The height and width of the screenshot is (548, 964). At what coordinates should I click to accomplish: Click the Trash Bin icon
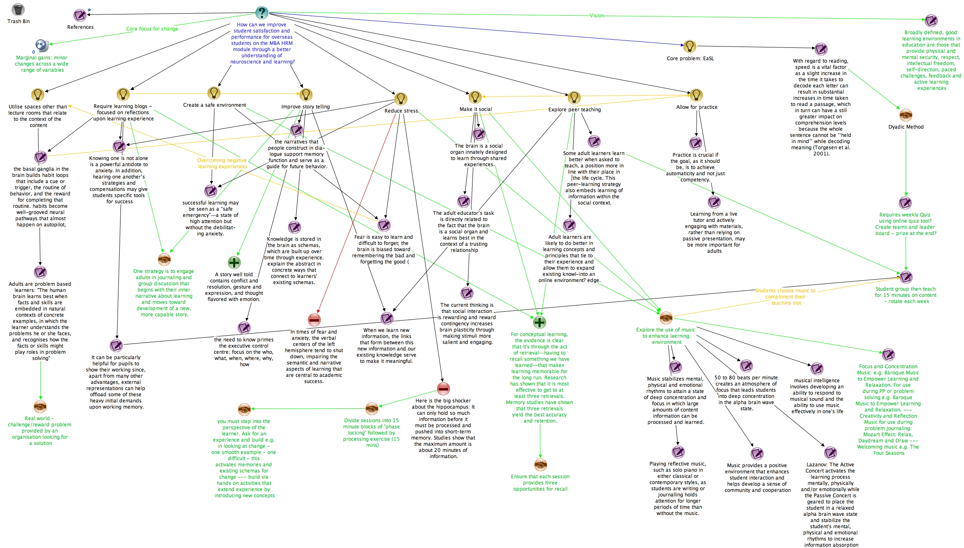19,10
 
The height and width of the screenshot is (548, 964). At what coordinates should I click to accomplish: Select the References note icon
80,16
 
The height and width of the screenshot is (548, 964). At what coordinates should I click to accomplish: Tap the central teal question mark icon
262,13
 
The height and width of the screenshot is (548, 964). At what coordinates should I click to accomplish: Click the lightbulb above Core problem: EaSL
690,47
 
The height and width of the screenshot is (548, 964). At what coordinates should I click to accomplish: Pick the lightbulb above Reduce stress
401,99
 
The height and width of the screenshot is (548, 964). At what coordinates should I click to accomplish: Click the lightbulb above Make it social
475,97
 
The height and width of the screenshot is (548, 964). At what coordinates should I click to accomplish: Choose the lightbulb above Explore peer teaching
574,98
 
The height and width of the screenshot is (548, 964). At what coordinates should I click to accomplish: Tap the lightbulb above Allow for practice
696,95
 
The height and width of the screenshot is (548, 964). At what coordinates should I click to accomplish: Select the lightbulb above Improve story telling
306,95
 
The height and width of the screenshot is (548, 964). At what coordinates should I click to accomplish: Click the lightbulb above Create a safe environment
214,93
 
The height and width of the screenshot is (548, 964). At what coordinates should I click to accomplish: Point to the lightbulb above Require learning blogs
123,94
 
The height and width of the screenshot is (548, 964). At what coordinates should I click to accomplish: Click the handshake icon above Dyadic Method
905,115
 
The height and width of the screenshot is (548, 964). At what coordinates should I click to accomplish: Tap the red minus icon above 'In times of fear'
314,320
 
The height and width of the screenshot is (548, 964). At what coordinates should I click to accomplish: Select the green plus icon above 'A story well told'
234,263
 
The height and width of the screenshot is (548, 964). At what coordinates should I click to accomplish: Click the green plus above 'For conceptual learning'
539,322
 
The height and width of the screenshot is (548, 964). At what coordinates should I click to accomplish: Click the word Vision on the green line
596,16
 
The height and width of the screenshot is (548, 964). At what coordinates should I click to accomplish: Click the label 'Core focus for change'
152,29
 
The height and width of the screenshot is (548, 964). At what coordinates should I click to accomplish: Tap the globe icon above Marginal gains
42,45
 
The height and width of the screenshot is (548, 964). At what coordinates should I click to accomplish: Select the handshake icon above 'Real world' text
40,407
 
